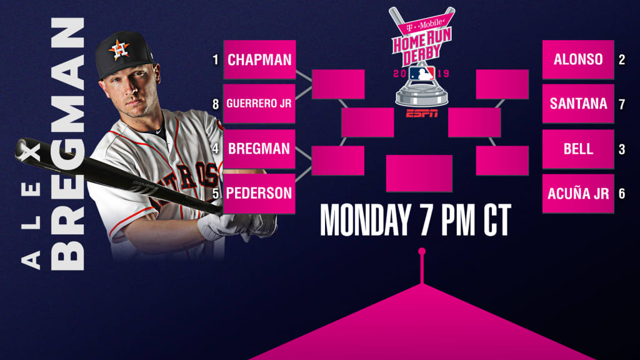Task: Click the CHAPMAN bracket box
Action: (x=259, y=59)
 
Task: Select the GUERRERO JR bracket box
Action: (x=259, y=104)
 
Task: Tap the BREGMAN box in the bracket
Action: (x=259, y=149)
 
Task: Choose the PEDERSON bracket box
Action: (x=259, y=194)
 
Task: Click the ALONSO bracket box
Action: (x=578, y=59)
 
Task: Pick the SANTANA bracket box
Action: (x=578, y=104)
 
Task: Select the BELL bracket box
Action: (x=578, y=149)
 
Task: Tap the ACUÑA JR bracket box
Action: (x=578, y=194)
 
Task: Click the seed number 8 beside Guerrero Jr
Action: (x=216, y=104)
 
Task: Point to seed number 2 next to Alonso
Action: (x=622, y=60)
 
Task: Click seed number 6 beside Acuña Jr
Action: (x=622, y=194)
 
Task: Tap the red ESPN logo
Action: (x=422, y=114)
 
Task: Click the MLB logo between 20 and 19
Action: (x=422, y=74)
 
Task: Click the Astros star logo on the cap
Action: (x=119, y=50)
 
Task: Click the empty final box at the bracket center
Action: (x=419, y=174)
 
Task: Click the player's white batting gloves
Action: (x=237, y=226)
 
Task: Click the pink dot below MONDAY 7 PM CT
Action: (x=422, y=251)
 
